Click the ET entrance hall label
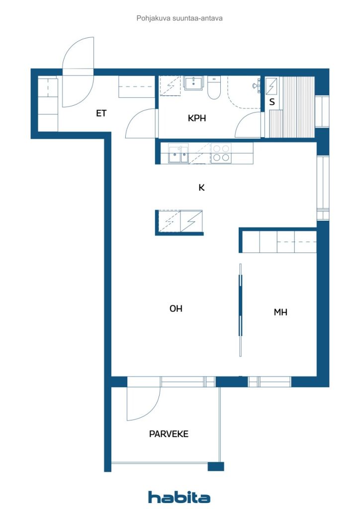101,113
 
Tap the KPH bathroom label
197,118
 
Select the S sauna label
272,102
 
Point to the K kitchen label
201,187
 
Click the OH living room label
176,308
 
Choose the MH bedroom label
280,312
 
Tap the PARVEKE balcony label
169,434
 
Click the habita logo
179,497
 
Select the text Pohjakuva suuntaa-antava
180,18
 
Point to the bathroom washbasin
194,83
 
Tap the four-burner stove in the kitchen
221,154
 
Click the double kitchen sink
178,154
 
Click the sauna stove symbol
271,86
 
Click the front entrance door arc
78,72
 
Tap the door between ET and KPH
140,123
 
